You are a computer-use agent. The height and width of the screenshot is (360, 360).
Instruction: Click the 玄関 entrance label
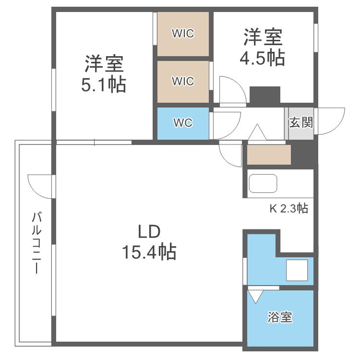coord(301,122)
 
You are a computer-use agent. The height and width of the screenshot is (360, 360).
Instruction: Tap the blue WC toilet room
coord(183,123)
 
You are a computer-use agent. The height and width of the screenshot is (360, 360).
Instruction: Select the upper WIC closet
coord(183,34)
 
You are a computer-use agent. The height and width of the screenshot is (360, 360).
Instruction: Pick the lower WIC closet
coord(183,82)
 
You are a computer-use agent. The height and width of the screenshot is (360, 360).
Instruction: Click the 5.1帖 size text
coord(104,85)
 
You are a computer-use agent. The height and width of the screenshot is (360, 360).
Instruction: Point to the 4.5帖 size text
coord(262,58)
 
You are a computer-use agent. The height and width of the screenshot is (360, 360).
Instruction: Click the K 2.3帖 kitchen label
coord(288,209)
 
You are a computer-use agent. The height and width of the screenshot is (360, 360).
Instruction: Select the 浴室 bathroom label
coord(280,317)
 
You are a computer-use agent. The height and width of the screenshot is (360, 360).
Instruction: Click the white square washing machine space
coord(298,271)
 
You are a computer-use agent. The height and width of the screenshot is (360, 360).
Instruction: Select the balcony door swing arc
coord(39,185)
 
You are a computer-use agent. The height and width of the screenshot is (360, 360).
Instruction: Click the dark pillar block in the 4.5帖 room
coord(264,95)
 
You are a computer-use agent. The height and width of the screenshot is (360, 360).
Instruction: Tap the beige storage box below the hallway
coord(269,155)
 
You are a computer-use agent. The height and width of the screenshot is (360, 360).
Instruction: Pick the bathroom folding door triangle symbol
coord(254,295)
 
